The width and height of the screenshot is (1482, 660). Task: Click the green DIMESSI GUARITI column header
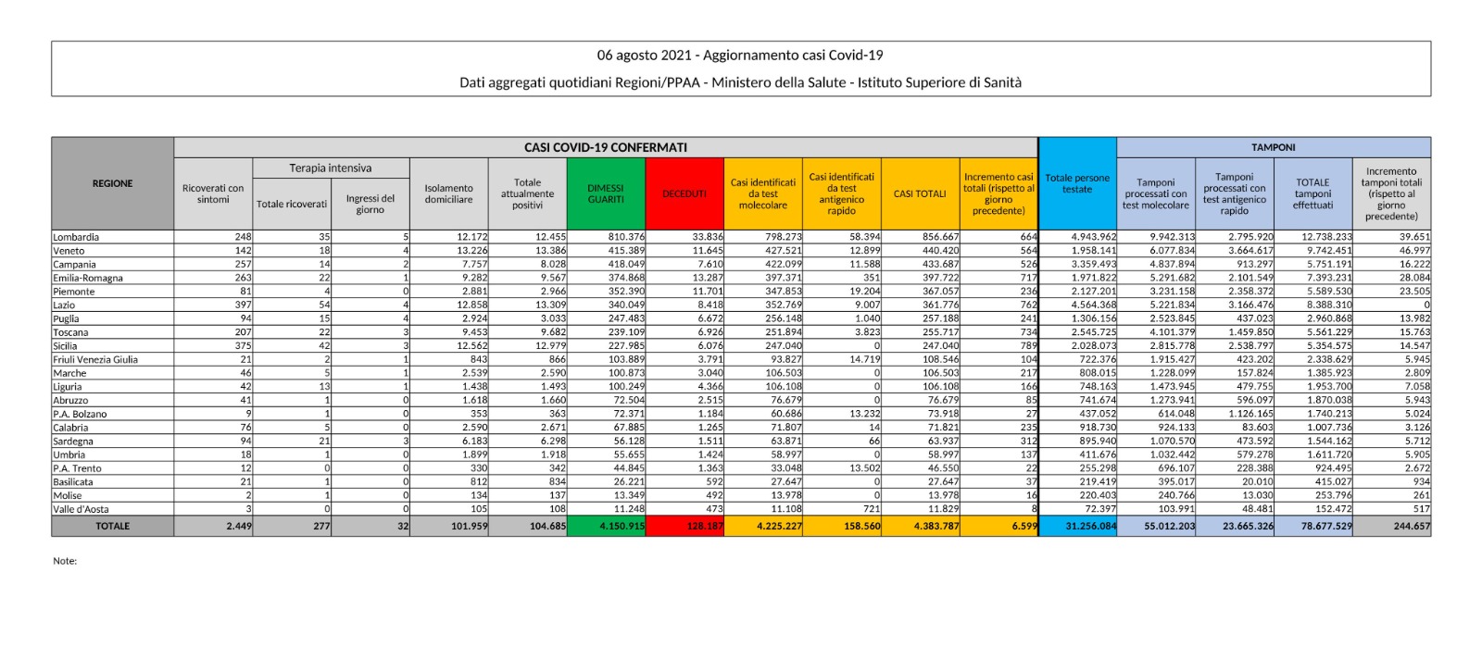(x=606, y=193)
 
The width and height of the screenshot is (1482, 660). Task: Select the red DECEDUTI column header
(x=684, y=193)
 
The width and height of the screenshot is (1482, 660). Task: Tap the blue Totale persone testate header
(x=1077, y=183)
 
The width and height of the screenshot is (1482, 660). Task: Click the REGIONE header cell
(x=112, y=183)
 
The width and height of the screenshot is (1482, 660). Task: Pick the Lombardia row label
(x=76, y=237)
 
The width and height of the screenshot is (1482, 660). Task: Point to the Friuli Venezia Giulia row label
(x=95, y=359)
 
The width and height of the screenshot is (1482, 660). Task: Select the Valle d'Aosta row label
(x=82, y=509)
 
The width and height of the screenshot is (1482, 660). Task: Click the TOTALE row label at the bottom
(x=112, y=526)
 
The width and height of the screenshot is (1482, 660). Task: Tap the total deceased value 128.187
(x=705, y=526)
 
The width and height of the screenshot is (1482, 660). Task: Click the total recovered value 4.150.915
(x=622, y=526)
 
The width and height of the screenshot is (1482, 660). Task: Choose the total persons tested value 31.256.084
(x=1090, y=526)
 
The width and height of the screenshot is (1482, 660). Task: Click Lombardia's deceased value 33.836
(x=708, y=237)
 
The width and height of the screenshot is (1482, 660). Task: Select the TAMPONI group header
(x=1273, y=147)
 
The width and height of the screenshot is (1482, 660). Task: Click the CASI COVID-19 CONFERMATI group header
(x=605, y=147)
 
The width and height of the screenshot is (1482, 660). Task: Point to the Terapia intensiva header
(x=330, y=168)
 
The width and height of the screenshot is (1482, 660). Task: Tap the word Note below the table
(x=65, y=561)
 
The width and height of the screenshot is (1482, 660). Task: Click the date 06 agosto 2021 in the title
(x=646, y=56)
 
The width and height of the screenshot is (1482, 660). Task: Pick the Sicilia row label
(x=69, y=346)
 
